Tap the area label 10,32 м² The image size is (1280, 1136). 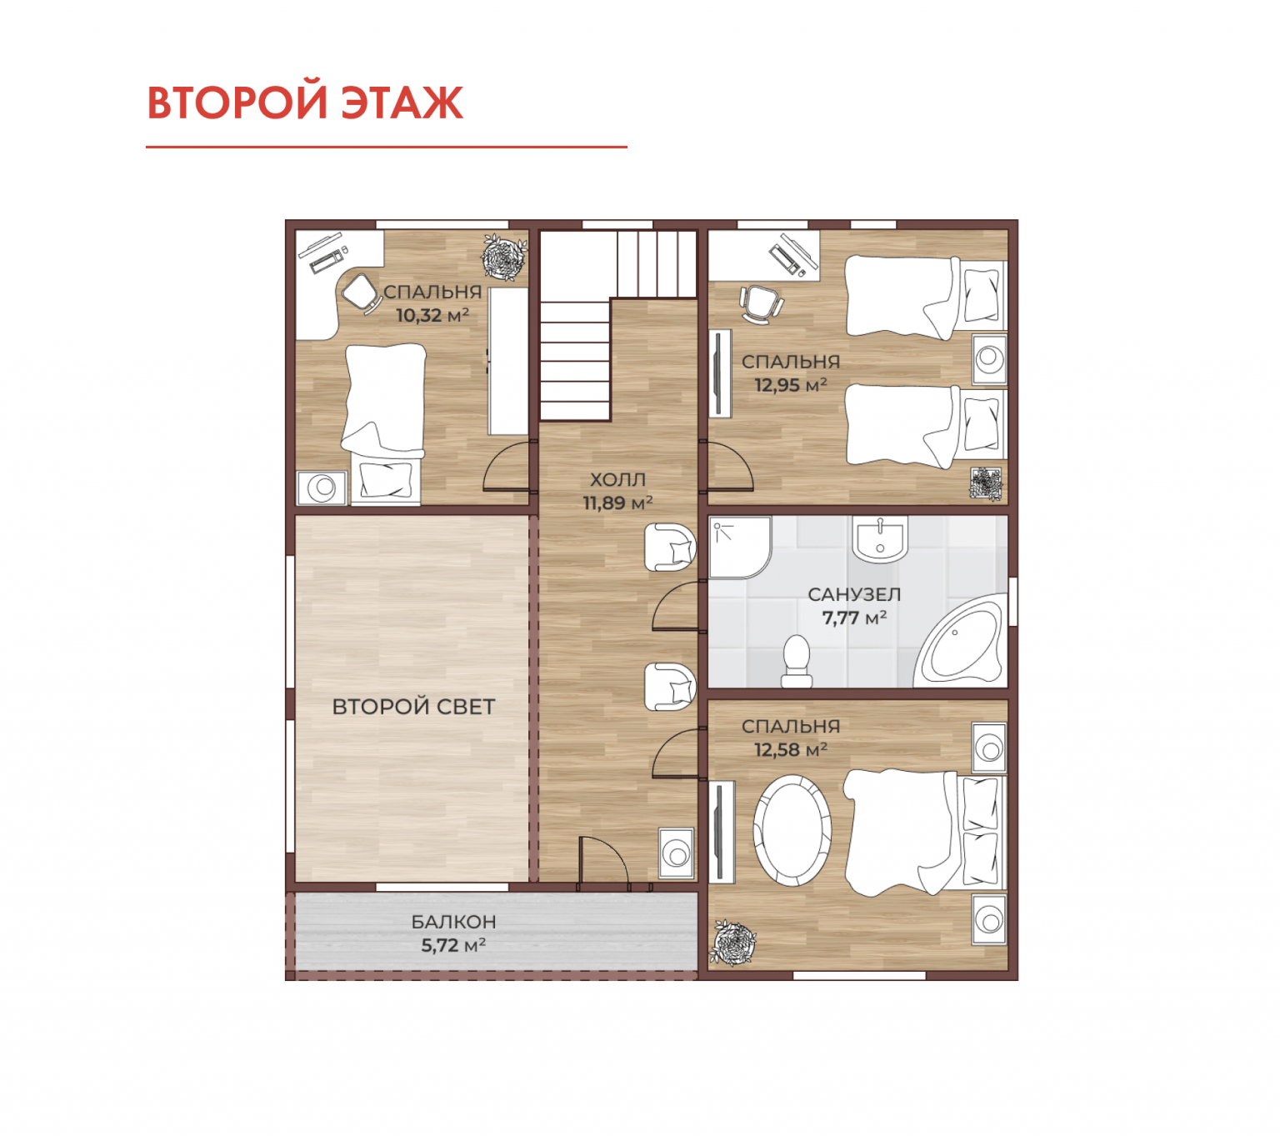coord(432,314)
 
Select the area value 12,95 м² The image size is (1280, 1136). coord(790,383)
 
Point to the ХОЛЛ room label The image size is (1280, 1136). coord(617,479)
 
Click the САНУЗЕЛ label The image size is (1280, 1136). coord(853,594)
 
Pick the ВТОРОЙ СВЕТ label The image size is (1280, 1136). coord(413,706)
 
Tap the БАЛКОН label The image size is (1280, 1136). coord(453,922)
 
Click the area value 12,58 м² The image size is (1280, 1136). coord(790,748)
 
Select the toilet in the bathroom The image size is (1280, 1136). coord(796,661)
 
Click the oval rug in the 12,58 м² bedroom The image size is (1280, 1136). coord(792,830)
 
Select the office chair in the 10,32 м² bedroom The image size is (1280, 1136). coord(361,293)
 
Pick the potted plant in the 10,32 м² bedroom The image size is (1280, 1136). coord(504,257)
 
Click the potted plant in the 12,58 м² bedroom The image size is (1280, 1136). coord(732,943)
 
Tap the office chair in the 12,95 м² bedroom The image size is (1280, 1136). coord(762,304)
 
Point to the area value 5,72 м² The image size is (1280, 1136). coord(453,945)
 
